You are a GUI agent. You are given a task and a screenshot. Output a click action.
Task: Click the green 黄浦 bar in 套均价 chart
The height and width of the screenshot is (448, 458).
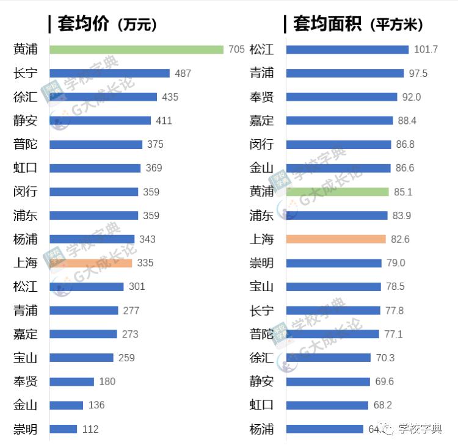point(136,49)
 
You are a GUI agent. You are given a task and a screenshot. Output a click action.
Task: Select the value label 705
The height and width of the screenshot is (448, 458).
point(236,49)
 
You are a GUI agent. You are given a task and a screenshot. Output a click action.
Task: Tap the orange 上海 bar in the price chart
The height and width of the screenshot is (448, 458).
point(90,263)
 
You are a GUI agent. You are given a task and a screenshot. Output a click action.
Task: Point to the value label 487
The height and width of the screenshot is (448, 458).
point(183,73)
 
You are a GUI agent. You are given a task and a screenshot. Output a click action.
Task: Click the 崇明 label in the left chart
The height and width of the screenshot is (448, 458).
point(25,429)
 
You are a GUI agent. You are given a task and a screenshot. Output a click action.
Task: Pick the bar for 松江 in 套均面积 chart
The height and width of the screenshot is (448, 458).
point(347,49)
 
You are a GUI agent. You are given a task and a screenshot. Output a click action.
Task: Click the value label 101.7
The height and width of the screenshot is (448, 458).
point(426,49)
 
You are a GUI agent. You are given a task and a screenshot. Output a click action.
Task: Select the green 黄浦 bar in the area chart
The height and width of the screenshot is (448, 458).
point(337,192)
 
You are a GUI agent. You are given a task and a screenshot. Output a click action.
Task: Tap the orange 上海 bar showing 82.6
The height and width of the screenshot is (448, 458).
point(335,239)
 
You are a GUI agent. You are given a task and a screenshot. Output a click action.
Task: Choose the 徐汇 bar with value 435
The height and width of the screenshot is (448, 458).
point(103,97)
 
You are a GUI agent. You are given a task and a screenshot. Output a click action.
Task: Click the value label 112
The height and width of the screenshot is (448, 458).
point(90,429)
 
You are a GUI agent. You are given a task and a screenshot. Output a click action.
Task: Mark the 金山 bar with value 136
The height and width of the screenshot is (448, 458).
point(66,405)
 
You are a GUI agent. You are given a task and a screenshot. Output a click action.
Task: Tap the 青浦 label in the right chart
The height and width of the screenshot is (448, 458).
point(261,73)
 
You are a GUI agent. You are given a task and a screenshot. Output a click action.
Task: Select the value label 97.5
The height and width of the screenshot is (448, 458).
point(418,73)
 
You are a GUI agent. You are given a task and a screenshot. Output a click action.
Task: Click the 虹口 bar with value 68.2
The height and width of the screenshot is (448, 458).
point(327,405)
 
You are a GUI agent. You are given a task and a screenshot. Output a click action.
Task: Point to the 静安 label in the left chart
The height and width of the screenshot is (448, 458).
point(25,121)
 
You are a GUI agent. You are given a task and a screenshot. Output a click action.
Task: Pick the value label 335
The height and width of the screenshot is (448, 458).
point(145,263)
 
